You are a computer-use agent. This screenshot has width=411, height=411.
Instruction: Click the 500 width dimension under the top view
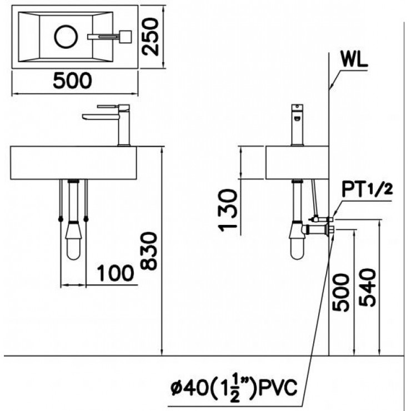click(72, 81)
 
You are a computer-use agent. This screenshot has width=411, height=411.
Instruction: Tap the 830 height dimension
click(150, 250)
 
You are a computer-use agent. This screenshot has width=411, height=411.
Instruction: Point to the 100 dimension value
click(115, 273)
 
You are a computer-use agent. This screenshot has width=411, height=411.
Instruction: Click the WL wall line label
click(354, 61)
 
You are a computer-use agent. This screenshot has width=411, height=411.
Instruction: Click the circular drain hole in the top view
click(66, 37)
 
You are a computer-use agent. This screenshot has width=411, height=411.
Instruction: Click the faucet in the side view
click(298, 125)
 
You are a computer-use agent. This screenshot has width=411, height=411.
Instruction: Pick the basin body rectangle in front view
click(74, 163)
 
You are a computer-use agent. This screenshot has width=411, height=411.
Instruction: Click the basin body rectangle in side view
click(297, 163)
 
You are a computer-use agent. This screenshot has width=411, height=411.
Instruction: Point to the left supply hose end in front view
click(60, 219)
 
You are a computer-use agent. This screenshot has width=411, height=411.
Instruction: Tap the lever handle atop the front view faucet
click(113, 106)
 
